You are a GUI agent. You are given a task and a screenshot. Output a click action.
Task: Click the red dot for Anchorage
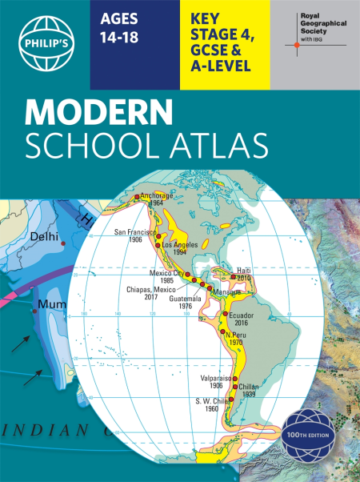138,196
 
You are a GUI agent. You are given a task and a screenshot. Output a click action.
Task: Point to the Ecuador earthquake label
239,316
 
